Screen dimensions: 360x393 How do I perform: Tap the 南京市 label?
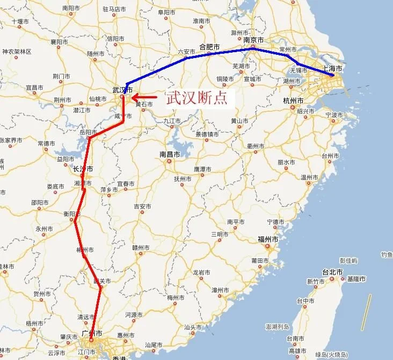click(x=253, y=40)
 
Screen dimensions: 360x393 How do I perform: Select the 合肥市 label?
click(x=209, y=47)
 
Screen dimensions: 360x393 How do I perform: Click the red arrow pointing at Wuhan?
click(x=144, y=97)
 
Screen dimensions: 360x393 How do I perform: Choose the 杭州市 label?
click(x=293, y=101)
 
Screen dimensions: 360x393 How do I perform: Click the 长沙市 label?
click(x=83, y=169)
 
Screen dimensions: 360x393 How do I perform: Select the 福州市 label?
click(x=267, y=239)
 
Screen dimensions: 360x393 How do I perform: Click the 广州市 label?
click(x=92, y=334)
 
